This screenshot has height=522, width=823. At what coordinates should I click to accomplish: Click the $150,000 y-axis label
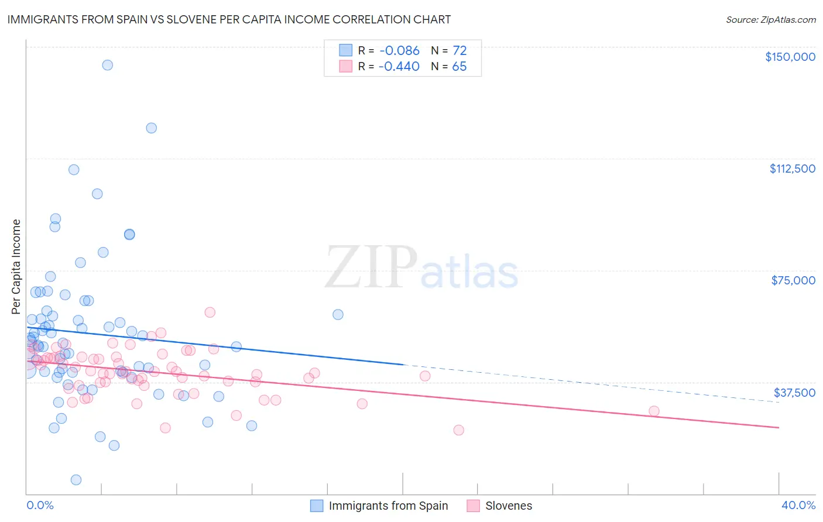point(790,57)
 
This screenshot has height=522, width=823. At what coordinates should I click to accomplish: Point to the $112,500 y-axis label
point(792,169)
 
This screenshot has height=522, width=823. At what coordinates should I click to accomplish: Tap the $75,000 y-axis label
point(793,280)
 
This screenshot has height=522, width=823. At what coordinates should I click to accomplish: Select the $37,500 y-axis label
point(794,393)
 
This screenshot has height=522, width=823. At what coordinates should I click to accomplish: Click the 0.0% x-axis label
point(40,506)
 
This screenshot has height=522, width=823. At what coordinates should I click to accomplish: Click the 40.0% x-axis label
point(798,506)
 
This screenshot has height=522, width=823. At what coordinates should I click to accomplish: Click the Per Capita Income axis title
point(16,266)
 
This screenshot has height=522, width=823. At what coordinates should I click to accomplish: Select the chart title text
point(229,19)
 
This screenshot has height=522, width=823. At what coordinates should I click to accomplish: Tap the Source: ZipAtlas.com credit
point(770,20)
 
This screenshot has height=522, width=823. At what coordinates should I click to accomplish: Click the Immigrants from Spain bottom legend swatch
point(317,506)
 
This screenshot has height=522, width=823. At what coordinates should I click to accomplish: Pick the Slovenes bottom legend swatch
point(473,506)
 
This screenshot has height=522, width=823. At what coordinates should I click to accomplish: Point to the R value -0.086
point(399,51)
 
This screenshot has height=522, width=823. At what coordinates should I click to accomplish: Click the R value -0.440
point(399,67)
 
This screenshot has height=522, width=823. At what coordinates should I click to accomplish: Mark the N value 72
point(459,51)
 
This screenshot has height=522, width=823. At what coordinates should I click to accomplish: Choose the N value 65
point(459,67)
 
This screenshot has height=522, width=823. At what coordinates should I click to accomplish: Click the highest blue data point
point(107,65)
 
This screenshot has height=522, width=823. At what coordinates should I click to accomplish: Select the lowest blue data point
point(76,480)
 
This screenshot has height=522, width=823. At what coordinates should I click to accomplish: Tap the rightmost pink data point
point(654,411)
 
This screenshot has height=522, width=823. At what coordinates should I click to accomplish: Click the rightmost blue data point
point(338,314)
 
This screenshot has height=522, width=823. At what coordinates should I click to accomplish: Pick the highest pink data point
point(210,312)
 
